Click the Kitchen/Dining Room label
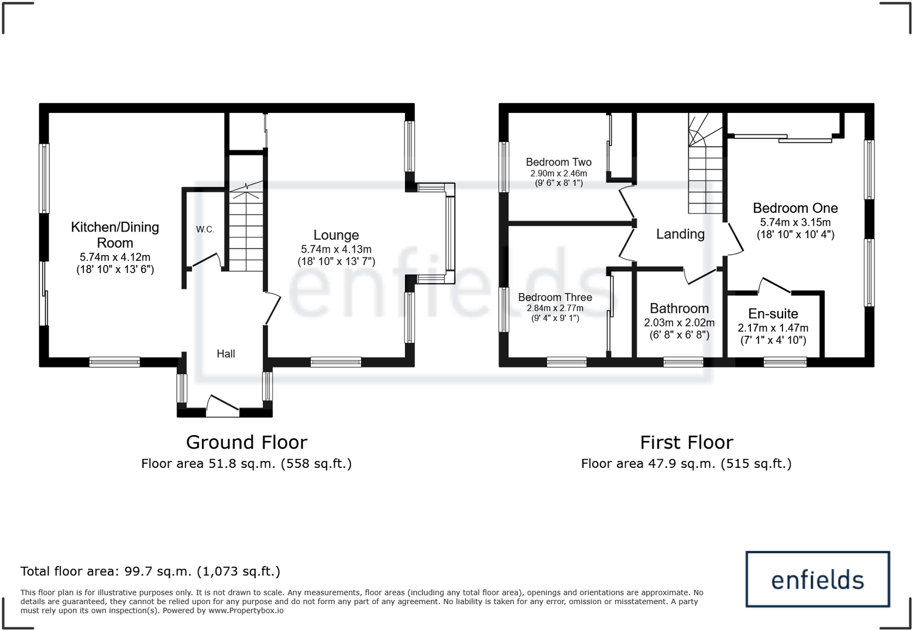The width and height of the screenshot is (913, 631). point(115,235)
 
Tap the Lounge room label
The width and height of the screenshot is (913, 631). point(336,235)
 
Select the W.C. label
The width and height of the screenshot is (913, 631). point(205,229)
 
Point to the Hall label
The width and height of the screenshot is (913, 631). point(226,353)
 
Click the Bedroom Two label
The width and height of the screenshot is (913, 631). point(558,162)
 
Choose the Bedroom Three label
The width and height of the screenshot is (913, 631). point(555,297)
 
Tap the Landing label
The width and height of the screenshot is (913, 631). point(680,234)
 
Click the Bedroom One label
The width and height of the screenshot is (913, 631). point(795,208)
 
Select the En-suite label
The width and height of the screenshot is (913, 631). point(773,313)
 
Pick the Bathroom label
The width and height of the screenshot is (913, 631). point(679,308)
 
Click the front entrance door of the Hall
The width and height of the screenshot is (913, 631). point(222,406)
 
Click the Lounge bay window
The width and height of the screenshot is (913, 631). point(449,233)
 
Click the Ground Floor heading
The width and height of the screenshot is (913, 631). point(246,442)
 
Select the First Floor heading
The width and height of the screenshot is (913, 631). point(686,442)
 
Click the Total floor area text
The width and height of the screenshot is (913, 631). point(150,571)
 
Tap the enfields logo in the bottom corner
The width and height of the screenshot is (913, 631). point(817,579)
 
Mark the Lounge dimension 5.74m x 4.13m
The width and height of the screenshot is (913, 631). point(336,249)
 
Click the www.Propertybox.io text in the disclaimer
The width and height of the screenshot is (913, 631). point(246,611)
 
